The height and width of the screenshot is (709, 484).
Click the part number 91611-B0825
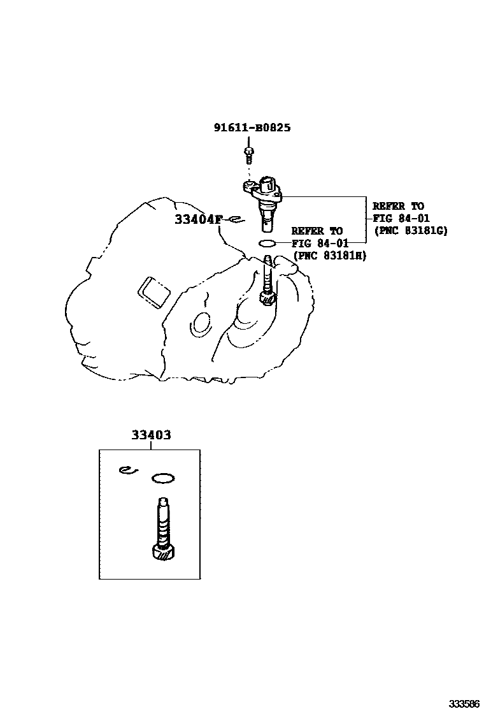click(x=252, y=128)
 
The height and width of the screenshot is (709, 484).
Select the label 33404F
click(x=198, y=220)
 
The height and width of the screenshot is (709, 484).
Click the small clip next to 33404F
click(x=234, y=220)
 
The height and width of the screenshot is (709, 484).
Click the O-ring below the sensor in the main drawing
click(x=267, y=243)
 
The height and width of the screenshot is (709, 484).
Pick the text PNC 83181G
click(x=411, y=230)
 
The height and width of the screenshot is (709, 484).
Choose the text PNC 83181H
click(x=330, y=255)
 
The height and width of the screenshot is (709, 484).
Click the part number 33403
click(x=151, y=435)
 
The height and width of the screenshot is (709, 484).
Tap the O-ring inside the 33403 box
click(x=163, y=477)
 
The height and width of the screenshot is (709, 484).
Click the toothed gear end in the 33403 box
click(x=164, y=553)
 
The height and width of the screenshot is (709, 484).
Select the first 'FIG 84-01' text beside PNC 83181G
click(x=397, y=218)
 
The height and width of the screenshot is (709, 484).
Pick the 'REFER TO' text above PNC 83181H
click(x=317, y=231)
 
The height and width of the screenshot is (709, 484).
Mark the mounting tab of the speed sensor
click(x=250, y=186)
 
